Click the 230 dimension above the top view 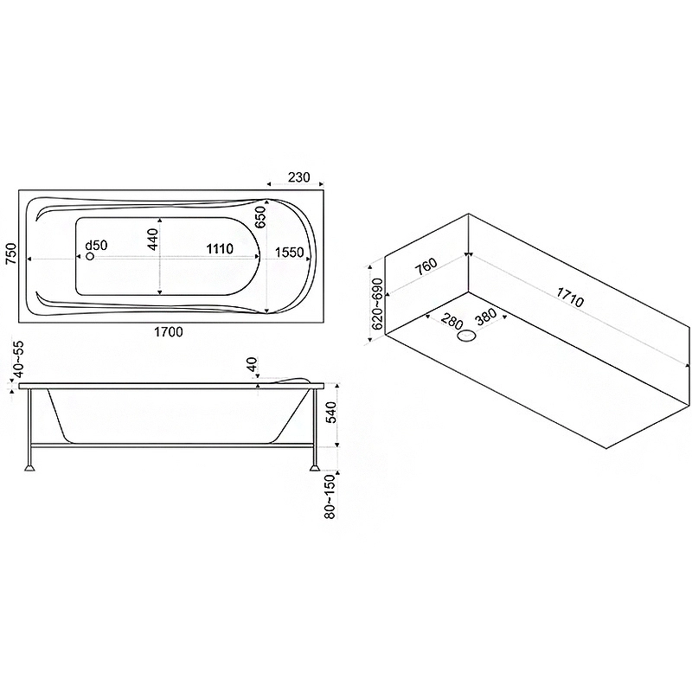point(298,177)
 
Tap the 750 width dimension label point(10,253)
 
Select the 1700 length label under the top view point(168,331)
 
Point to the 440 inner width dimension point(153,240)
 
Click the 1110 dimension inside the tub point(220,249)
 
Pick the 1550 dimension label point(289,253)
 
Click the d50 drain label point(96,245)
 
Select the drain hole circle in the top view point(90,256)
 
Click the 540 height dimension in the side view point(331,413)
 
